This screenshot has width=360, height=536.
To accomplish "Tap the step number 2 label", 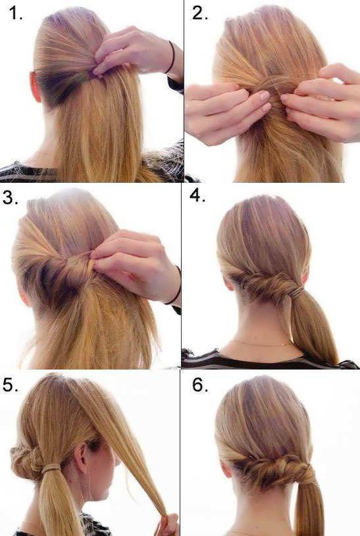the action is coord(200,13).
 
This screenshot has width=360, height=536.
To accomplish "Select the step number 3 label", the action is coord(11,197).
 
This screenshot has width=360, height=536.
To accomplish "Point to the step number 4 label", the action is coord(197,195).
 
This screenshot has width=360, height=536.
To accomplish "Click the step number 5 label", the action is coord(11,385).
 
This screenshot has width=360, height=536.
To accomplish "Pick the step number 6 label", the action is coord(200,385).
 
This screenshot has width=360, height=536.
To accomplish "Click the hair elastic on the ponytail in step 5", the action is coord(51,468).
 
